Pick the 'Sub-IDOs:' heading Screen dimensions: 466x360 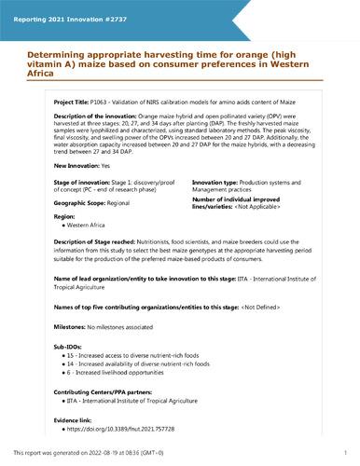[x=71, y=358]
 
